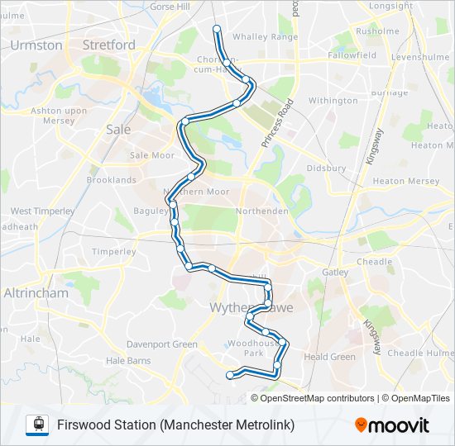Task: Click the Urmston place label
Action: tap(37, 45)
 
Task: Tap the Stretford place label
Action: tap(109, 45)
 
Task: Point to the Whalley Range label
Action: tap(265, 37)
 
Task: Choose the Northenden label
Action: tap(261, 211)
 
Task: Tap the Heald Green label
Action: tap(329, 357)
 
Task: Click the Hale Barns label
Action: tap(129, 360)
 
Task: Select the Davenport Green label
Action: tap(162, 344)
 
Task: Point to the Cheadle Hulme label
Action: tap(421, 353)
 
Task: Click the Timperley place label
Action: tap(113, 252)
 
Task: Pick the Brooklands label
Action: tap(112, 180)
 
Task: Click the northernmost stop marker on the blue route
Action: tap(218, 29)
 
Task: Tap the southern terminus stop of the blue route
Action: tap(230, 376)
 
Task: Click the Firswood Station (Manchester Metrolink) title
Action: tap(175, 425)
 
